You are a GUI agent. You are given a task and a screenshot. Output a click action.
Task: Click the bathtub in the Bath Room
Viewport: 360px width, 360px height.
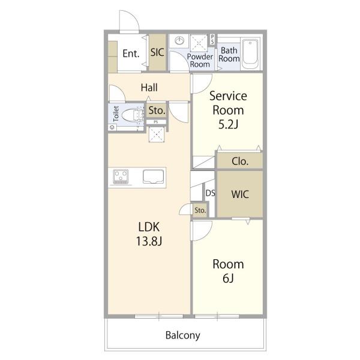pyautogui.click(x=250, y=52)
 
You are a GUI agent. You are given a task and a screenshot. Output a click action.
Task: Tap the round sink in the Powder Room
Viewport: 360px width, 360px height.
pyautogui.click(x=179, y=41)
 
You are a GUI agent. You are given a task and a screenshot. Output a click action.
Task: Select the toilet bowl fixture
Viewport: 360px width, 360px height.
pyautogui.click(x=132, y=115)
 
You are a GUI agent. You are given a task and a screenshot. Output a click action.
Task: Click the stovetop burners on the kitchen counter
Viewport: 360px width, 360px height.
pyautogui.click(x=121, y=176)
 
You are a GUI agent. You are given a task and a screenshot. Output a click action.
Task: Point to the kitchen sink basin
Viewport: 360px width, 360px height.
pyautogui.click(x=154, y=176)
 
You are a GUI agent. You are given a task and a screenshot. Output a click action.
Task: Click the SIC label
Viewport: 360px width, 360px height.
pyautogui.click(x=157, y=52)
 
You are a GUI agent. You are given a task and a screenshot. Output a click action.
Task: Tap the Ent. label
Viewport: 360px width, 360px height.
pyautogui.click(x=131, y=53)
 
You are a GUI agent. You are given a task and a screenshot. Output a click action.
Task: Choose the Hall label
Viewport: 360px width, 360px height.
pyautogui.click(x=149, y=88)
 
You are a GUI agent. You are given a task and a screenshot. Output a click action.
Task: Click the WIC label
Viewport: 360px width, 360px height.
pyautogui.click(x=240, y=194)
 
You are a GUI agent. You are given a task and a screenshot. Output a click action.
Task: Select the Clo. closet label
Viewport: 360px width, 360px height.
pyautogui.click(x=240, y=161)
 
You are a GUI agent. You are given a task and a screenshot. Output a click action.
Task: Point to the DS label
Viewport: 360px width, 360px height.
pyautogui.click(x=211, y=193)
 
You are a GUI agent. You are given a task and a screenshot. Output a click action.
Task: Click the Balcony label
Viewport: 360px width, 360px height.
pyautogui.click(x=183, y=335)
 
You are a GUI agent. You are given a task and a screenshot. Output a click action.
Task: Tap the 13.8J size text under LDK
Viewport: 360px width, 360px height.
pyautogui.click(x=149, y=241)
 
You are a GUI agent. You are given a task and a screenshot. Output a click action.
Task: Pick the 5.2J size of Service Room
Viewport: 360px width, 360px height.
pyautogui.click(x=228, y=124)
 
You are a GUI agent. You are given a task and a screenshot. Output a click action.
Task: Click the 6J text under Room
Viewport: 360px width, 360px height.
pyautogui.click(x=228, y=278)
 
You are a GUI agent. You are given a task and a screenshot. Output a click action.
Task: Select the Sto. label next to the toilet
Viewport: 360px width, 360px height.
pyautogui.click(x=157, y=110)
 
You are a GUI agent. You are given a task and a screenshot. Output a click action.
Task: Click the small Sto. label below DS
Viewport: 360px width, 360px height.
pyautogui.click(x=200, y=210)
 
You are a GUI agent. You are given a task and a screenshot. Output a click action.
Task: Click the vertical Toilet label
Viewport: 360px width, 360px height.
pyautogui.click(x=116, y=113)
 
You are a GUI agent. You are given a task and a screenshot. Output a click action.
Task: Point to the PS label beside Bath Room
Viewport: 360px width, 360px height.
pyautogui.click(x=212, y=39)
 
